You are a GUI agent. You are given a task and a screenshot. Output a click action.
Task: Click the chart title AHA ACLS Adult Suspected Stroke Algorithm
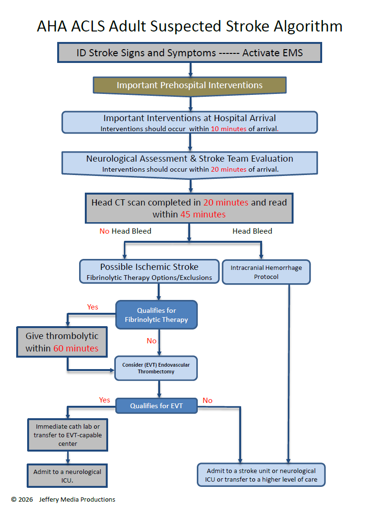[x=190, y=26]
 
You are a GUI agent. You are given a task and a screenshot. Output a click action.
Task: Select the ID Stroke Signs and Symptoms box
[x=190, y=52]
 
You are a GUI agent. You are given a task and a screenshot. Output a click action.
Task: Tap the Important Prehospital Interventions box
[x=190, y=85]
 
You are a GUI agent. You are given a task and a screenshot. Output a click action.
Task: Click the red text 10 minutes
[x=229, y=129]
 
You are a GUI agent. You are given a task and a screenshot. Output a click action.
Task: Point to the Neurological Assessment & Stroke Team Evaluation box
[x=190, y=163]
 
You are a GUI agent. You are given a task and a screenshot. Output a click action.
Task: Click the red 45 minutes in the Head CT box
[x=203, y=215]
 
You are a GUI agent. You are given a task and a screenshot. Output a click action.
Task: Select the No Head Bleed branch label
[x=125, y=231]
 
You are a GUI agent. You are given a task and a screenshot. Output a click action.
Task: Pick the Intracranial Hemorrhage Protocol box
[x=266, y=272]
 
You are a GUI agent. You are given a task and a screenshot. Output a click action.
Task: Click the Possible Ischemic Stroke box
[x=149, y=271]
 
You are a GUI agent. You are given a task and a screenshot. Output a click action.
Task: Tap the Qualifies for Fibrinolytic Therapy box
[x=156, y=315]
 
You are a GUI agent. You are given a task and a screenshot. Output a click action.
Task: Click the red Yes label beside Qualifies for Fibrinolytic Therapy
[x=92, y=307]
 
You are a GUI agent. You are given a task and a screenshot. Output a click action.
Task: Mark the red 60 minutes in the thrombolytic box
[x=76, y=349]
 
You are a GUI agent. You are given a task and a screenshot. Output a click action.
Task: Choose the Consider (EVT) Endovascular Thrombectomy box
[x=156, y=368]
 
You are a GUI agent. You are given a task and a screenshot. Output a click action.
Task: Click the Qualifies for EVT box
[x=156, y=406]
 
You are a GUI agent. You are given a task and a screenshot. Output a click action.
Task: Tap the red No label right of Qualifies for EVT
[x=207, y=401]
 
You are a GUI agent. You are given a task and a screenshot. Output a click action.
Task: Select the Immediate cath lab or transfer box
[x=67, y=434]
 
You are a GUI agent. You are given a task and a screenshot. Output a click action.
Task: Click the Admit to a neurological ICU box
[x=67, y=475]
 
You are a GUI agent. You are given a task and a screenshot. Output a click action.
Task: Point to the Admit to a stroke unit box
[x=261, y=475]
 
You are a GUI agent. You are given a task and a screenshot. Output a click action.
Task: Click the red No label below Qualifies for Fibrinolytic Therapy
[x=152, y=341]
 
